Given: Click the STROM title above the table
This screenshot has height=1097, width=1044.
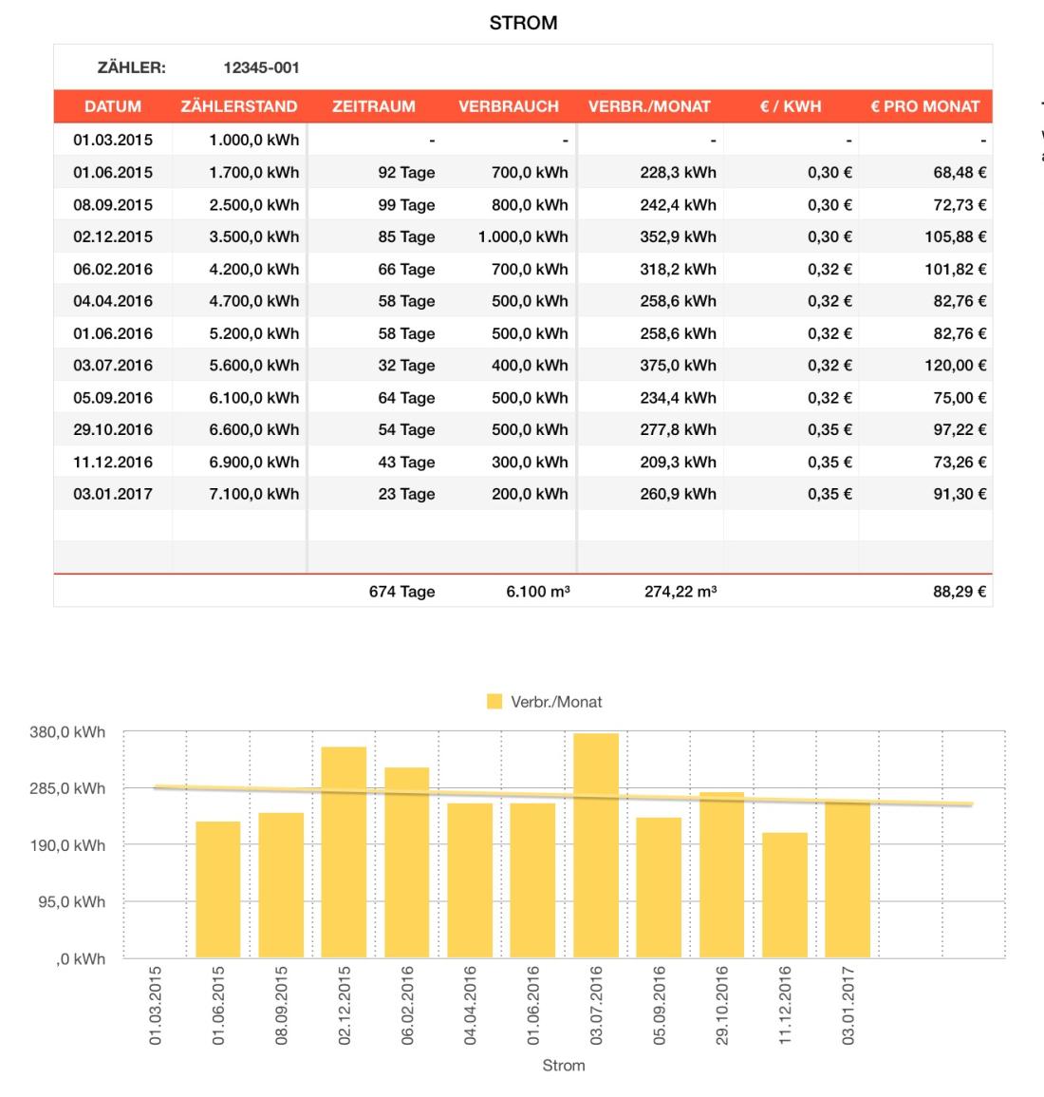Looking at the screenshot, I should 523,24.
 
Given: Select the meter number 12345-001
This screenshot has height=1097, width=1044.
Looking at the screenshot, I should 261,67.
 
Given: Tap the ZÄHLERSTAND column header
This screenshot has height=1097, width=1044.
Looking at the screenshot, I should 239,106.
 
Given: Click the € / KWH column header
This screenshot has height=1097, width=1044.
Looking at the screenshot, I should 790,106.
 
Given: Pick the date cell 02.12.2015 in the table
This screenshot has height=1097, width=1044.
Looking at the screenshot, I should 113,236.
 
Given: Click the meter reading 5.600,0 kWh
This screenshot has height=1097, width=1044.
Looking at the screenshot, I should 253,366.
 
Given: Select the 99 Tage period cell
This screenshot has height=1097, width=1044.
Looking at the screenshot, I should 406,204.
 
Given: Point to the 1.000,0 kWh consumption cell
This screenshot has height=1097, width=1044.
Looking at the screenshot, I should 523,236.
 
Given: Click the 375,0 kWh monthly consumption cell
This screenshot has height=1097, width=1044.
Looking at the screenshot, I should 678,366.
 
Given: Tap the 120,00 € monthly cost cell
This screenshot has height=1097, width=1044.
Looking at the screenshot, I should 956,366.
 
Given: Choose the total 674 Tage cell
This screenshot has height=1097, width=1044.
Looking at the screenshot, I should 402,592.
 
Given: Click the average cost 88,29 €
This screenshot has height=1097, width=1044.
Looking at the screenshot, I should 960,592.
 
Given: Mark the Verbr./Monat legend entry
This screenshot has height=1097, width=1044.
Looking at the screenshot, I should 546,702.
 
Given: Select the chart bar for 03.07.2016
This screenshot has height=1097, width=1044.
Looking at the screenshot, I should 596,845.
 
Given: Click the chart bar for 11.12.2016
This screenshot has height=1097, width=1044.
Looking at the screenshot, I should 785,895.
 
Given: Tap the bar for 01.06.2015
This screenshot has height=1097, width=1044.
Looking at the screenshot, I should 218,889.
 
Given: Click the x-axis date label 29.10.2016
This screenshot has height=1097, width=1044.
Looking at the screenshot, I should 722,1006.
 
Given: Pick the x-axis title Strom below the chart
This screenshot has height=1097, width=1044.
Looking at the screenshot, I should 564,1066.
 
